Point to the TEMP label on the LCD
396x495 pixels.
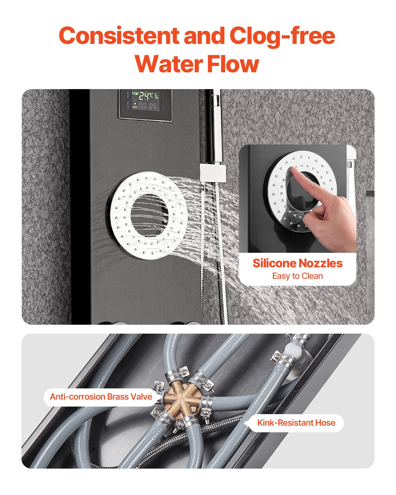coord(135,94)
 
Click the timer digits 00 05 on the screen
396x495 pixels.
coord(148,106)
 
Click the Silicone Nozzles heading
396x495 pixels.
coord(297,263)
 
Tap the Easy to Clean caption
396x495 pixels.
coord(297,276)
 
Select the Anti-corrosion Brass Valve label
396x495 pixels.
coord(101,396)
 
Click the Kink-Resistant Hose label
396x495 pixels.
coord(296,423)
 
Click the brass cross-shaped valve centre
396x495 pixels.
coord(181,401)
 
